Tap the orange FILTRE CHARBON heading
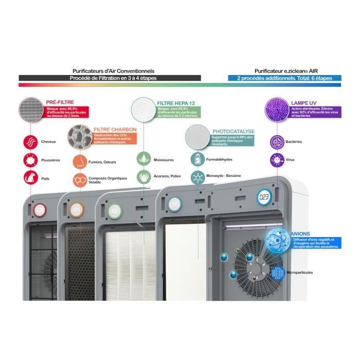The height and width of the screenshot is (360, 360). tap(111, 130)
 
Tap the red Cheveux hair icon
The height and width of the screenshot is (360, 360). tap(30, 141)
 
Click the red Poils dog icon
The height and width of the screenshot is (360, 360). tap(30, 178)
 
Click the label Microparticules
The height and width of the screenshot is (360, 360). tap(300, 273)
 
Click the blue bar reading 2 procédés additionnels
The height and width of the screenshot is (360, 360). tap(284, 78)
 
